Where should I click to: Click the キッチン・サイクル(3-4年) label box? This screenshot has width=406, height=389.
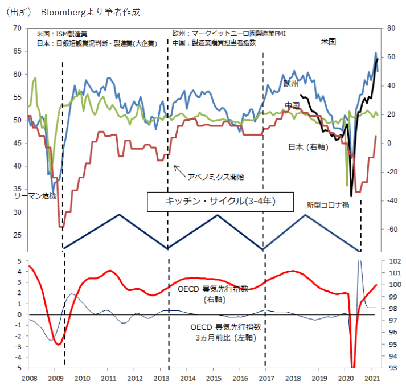coord(221,202)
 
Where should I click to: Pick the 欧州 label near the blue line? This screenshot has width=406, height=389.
coord(291,83)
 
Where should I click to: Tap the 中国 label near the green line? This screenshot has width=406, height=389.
coord(293,105)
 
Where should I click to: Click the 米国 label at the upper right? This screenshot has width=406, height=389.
coord(329,42)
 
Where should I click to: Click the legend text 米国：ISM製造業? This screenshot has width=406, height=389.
coord(63,34)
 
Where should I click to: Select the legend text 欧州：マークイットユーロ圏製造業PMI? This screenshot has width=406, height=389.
coord(228,34)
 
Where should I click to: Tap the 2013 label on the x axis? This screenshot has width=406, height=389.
coord(161,378)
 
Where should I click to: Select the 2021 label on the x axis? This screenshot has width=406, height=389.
coord(372,378)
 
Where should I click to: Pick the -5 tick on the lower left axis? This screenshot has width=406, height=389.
coord(19,368)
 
